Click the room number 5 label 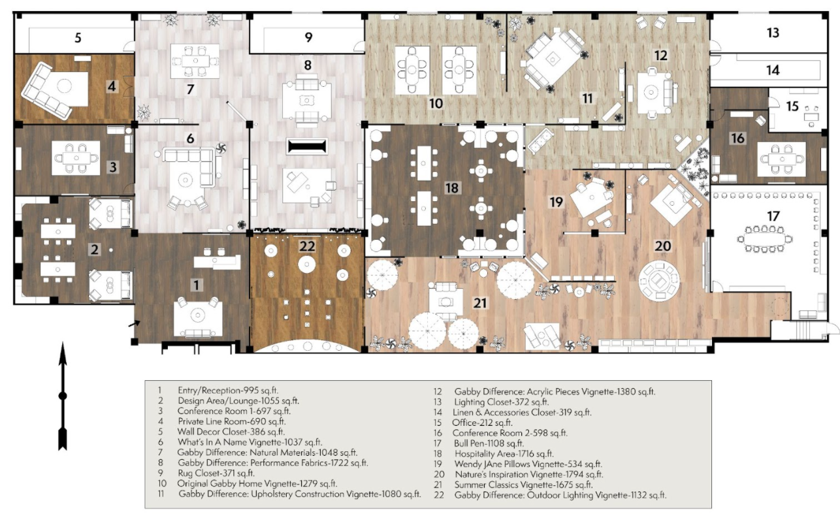click(x=78, y=38)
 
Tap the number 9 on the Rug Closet click(x=308, y=37)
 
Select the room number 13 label click(x=773, y=33)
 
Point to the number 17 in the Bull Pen click(x=773, y=216)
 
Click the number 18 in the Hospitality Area click(x=452, y=188)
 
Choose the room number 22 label click(x=307, y=246)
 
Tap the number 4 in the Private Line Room click(x=112, y=87)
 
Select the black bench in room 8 click(x=307, y=146)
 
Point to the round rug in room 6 click(x=186, y=180)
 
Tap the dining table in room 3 click(x=76, y=158)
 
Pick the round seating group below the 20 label click(x=659, y=280)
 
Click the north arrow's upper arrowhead click(x=63, y=354)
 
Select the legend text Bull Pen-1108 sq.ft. click(x=489, y=443)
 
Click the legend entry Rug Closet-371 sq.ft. click(x=216, y=474)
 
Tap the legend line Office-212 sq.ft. click(x=482, y=423)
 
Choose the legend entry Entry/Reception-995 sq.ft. click(x=228, y=391)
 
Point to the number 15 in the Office click(x=792, y=106)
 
